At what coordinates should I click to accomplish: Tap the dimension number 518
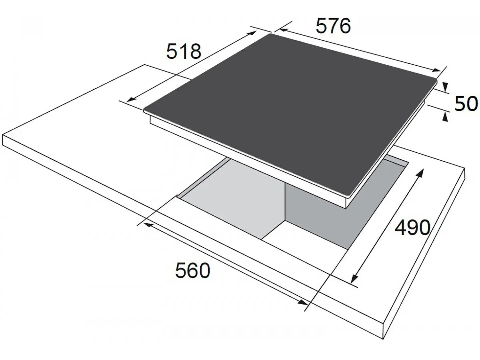(x=183, y=51)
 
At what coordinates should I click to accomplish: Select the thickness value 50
(x=466, y=103)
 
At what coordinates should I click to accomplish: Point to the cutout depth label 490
(x=412, y=228)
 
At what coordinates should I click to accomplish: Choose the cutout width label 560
(x=193, y=270)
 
